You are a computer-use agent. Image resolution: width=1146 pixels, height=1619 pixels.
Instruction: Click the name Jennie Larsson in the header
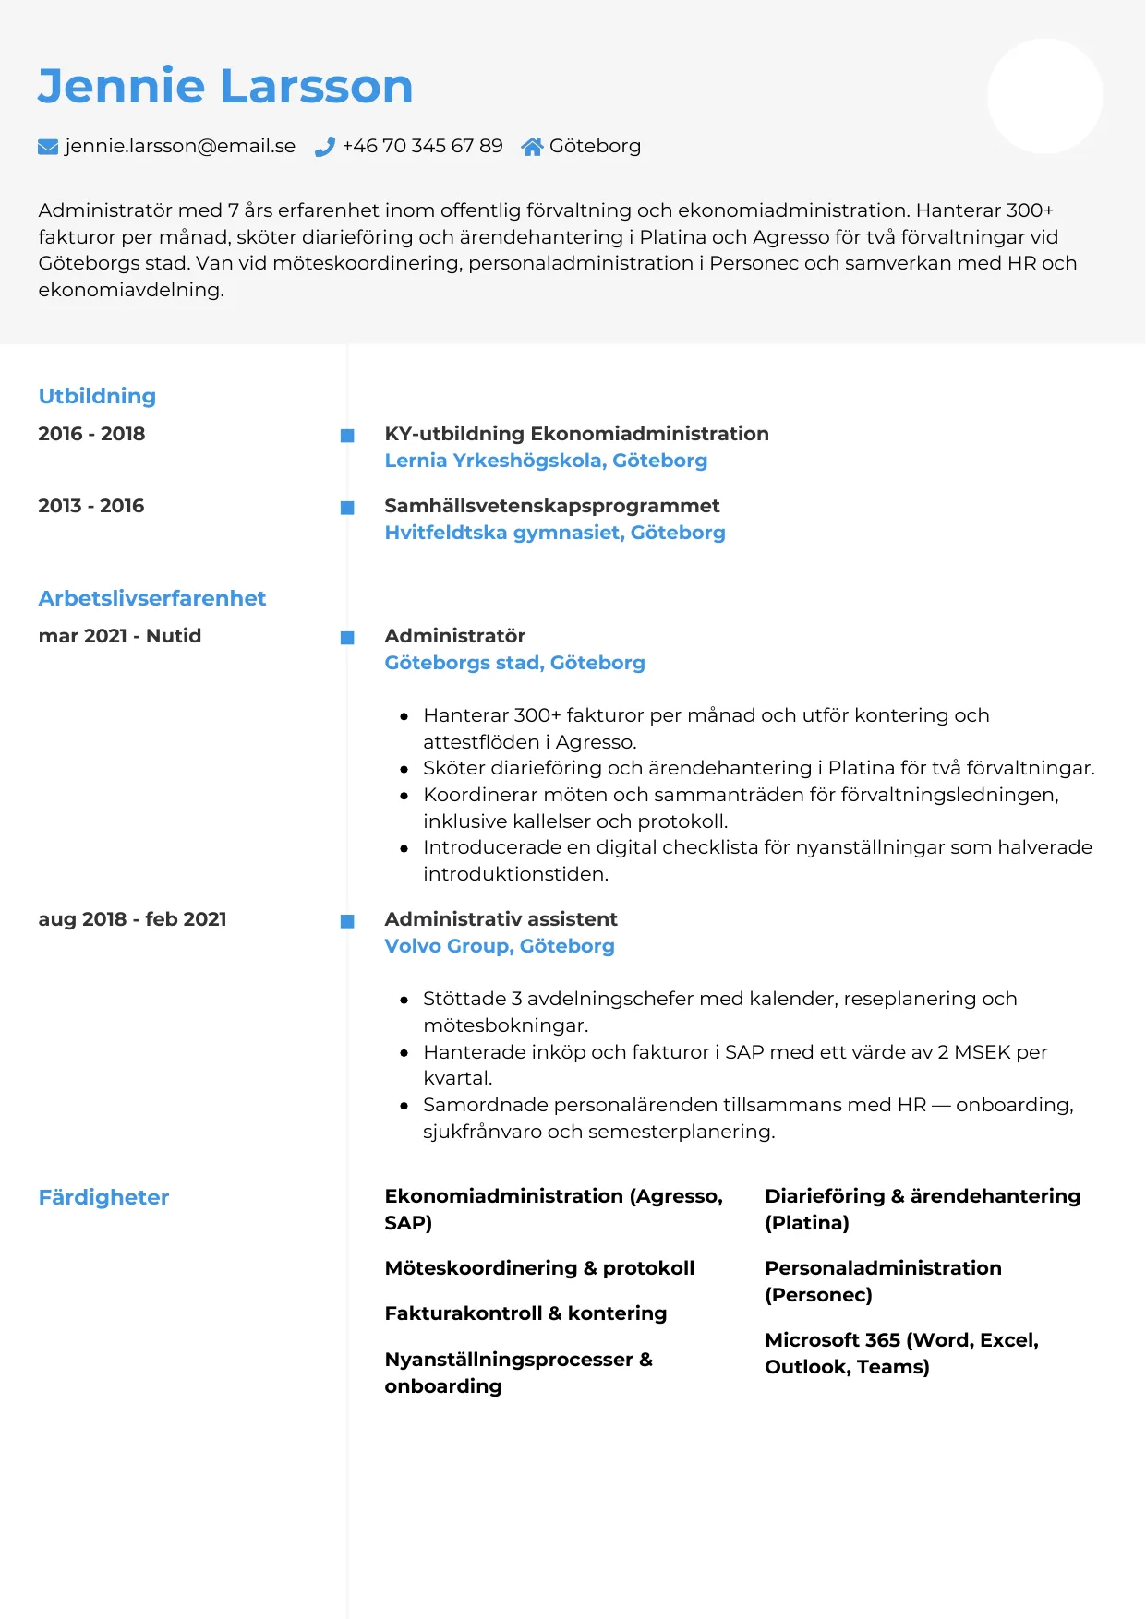pos(224,86)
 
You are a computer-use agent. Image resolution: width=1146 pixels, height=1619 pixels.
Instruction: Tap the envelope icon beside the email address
pos(48,147)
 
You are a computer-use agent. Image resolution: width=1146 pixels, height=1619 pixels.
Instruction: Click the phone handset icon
pos(324,147)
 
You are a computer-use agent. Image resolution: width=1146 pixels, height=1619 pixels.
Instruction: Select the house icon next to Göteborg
pos(532,147)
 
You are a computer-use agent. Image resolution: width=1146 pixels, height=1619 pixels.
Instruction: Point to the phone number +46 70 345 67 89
pos(422,146)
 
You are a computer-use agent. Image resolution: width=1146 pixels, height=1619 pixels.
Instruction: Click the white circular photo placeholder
pos(1044,96)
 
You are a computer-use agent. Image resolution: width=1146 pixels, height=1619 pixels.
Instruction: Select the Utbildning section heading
pos(97,396)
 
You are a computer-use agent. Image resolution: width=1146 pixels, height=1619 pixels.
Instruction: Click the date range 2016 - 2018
pos(91,434)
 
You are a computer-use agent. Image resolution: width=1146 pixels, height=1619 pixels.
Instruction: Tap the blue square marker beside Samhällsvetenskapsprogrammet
pos(347,508)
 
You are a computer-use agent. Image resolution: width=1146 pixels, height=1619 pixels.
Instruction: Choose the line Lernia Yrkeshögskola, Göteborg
pos(546,461)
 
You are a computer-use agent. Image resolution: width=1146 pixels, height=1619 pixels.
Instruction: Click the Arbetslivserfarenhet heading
pos(152,598)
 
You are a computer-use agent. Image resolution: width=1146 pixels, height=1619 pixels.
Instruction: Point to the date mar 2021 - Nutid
pos(120,636)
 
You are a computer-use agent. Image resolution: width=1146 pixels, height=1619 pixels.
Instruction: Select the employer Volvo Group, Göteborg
pos(500,946)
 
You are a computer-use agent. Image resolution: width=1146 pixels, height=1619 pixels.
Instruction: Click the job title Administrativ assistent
pos(501,919)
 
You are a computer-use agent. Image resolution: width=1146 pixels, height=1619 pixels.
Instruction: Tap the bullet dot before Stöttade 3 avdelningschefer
pos(404,1000)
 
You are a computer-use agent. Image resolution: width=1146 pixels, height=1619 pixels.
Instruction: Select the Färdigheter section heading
pos(103,1197)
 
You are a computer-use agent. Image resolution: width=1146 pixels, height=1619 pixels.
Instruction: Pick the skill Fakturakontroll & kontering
pos(525,1313)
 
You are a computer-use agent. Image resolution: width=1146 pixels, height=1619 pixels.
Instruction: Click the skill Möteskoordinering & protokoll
pos(539,1268)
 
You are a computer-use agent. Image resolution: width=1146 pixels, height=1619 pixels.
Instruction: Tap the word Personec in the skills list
pos(818,1295)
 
